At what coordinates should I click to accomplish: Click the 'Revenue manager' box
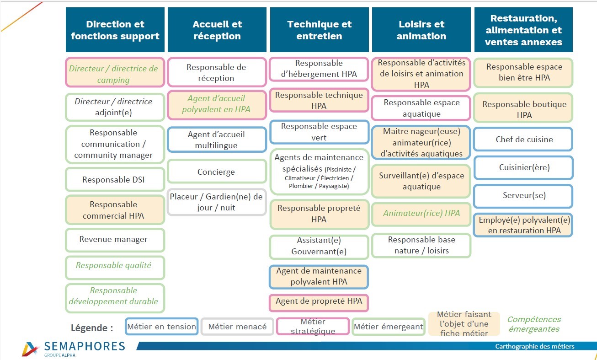(x=115, y=240)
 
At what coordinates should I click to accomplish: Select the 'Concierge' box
(x=216, y=172)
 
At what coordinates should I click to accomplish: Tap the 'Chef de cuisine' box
(x=523, y=140)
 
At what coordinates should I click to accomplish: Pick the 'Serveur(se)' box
(x=523, y=196)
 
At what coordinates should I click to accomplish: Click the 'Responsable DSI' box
(x=115, y=180)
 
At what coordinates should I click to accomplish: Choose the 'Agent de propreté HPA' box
(x=319, y=301)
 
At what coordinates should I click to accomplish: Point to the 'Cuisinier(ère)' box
(x=523, y=167)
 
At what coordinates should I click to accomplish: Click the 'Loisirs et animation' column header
(x=421, y=30)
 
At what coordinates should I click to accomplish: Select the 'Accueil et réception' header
(x=217, y=30)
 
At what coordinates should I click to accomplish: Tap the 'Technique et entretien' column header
(x=319, y=30)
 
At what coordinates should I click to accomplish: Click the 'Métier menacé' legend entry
(x=237, y=327)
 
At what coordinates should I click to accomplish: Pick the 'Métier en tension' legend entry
(x=162, y=327)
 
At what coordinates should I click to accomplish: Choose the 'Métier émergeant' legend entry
(x=389, y=327)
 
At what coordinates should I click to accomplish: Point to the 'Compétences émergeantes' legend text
(x=534, y=324)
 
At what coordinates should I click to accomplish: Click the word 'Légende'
(x=91, y=328)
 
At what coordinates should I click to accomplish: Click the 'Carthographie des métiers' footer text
(x=535, y=346)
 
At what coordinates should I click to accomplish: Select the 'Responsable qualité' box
(x=115, y=266)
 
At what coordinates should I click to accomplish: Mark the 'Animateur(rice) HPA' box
(x=421, y=214)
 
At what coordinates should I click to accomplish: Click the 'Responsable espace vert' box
(x=319, y=132)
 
